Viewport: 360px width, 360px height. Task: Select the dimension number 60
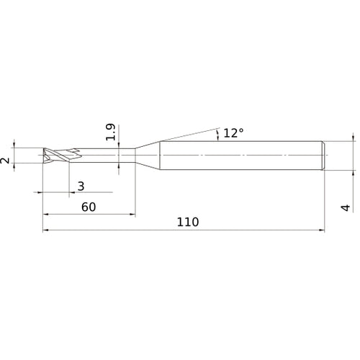click(x=89, y=207)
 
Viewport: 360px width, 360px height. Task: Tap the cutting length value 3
click(x=81, y=186)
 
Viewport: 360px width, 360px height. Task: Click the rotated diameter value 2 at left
click(x=6, y=160)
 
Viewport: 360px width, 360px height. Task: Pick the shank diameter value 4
click(x=347, y=207)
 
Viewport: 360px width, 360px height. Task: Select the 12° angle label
click(x=233, y=132)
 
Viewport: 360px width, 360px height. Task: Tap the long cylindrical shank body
click(x=241, y=156)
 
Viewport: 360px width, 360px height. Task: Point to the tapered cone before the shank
click(x=148, y=156)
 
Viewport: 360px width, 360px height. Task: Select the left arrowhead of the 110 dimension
click(x=47, y=230)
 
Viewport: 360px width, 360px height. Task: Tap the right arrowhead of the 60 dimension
click(x=132, y=215)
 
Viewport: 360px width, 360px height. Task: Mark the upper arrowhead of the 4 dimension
click(x=353, y=138)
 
